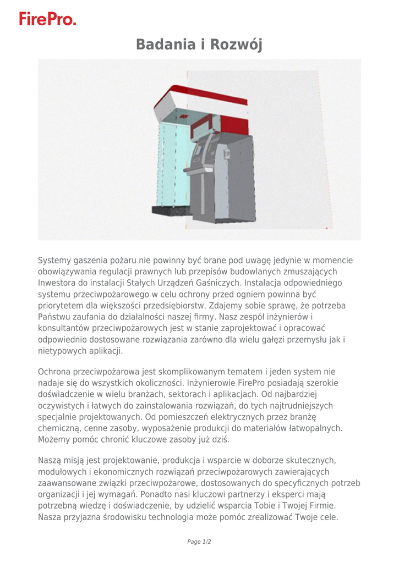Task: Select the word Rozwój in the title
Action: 237,45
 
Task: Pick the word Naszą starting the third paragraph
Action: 50,460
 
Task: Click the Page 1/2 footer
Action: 199,542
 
